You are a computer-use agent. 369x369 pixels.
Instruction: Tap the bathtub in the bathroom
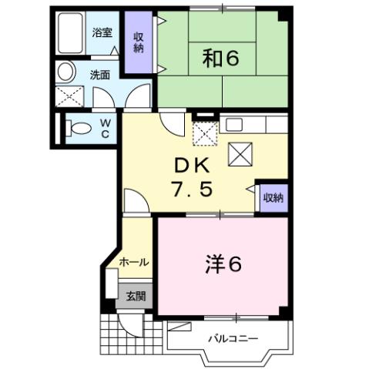pos(69,35)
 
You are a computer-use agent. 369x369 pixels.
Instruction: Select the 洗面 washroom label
pos(99,75)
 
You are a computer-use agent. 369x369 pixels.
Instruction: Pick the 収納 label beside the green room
pos(139,43)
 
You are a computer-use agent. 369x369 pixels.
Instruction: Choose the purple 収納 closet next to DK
pos(272,197)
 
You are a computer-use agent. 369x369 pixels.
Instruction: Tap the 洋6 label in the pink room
pos(223,264)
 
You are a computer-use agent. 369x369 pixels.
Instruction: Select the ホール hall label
pos(134,263)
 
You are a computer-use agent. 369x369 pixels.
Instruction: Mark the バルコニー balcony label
pos(231,339)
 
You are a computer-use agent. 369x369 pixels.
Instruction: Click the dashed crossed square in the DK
pos(206,136)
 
